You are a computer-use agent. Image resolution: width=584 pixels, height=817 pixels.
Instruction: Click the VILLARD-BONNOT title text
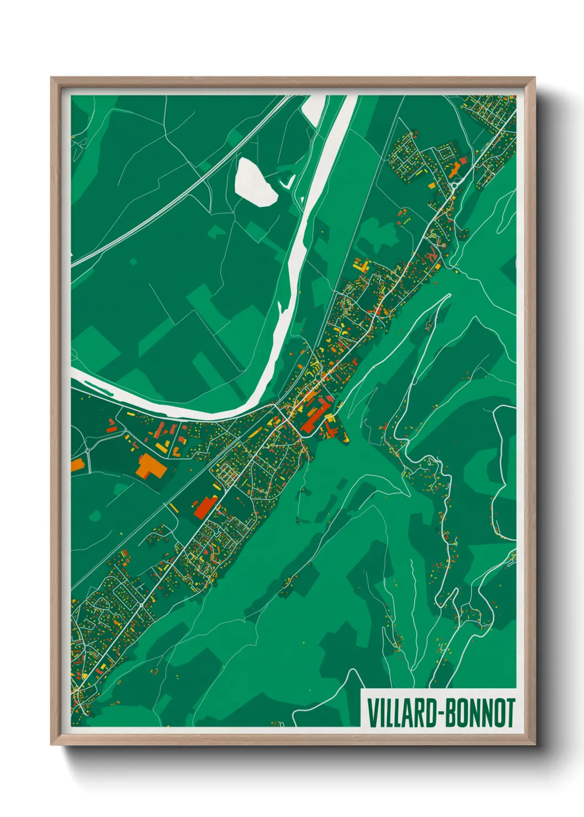click(x=440, y=713)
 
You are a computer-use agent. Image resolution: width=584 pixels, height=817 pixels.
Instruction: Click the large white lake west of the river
click(x=256, y=182)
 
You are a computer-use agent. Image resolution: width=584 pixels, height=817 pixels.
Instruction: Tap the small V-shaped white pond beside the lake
click(x=288, y=181)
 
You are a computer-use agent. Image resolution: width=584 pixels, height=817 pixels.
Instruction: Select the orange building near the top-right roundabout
click(x=455, y=169)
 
